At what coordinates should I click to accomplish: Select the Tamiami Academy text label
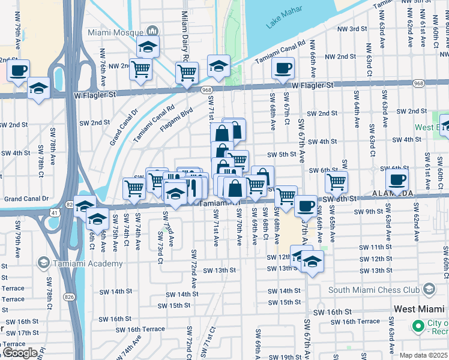pyautogui.click(x=79, y=263)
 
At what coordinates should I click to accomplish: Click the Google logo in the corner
pyautogui.click(x=20, y=353)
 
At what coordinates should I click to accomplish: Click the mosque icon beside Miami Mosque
pyautogui.click(x=152, y=31)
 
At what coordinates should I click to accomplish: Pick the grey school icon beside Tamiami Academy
pyautogui.click(x=43, y=263)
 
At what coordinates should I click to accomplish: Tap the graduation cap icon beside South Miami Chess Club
pyautogui.click(x=429, y=290)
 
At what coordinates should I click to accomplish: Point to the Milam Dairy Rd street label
pyautogui.click(x=185, y=36)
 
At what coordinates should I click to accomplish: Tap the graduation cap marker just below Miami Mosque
pyautogui.click(x=148, y=46)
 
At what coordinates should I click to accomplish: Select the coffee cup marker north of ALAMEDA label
pyautogui.click(x=397, y=179)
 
